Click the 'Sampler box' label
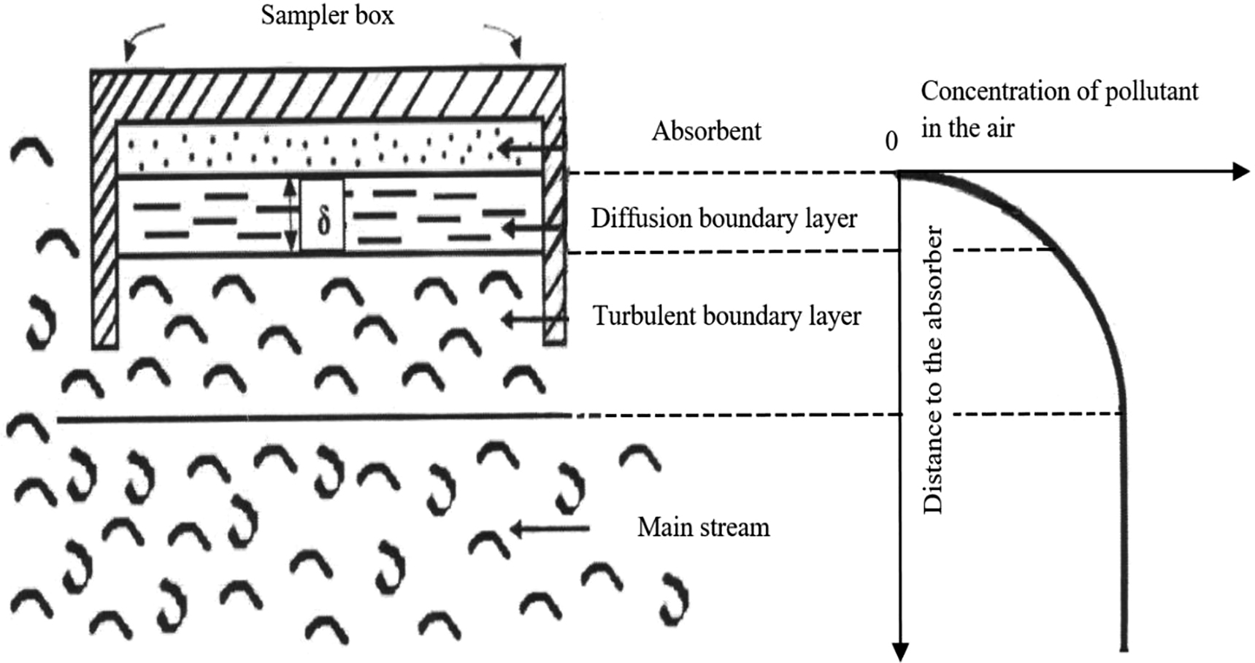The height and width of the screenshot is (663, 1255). (x=327, y=16)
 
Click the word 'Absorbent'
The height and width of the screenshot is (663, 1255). (x=706, y=131)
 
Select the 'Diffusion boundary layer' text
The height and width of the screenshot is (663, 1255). (x=724, y=218)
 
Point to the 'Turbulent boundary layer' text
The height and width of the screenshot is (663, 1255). (x=726, y=316)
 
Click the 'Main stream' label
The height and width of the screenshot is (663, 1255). (x=703, y=527)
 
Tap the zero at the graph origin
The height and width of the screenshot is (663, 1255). (x=891, y=142)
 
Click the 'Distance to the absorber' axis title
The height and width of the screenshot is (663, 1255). (x=933, y=371)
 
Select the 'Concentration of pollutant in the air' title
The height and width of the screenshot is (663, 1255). (x=1059, y=110)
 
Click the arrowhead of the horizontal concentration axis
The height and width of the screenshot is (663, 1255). (x=1241, y=172)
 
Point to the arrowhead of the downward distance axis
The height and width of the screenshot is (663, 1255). (x=900, y=652)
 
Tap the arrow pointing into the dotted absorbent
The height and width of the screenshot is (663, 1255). (x=531, y=148)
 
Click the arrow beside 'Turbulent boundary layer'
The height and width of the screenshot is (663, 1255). (x=534, y=319)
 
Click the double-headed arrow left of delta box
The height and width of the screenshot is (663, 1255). (x=291, y=215)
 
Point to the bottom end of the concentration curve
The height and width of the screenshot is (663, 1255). (x=1124, y=647)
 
